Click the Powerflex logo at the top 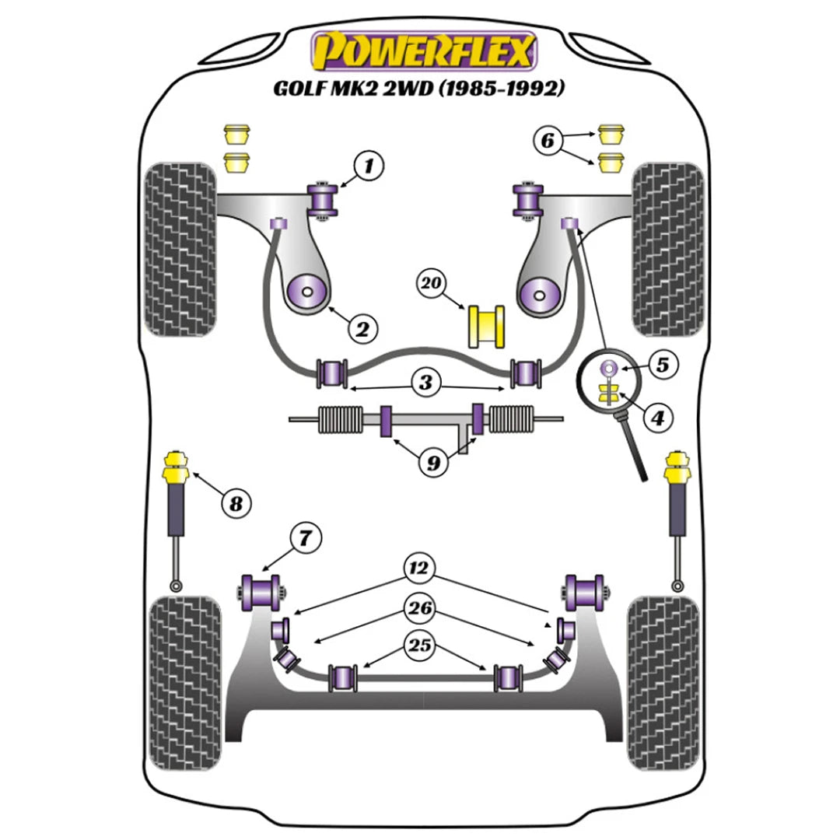coord(424,51)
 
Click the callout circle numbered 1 coord(370,165)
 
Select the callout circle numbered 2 coord(362,329)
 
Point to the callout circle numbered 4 coord(658,418)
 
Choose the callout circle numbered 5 coord(663,364)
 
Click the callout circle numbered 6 coord(569,141)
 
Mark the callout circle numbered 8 coord(236,503)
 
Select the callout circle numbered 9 coord(432,464)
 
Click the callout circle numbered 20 coord(432,285)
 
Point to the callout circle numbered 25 coord(421,646)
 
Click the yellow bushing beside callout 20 coord(485,327)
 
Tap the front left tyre coord(180,249)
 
